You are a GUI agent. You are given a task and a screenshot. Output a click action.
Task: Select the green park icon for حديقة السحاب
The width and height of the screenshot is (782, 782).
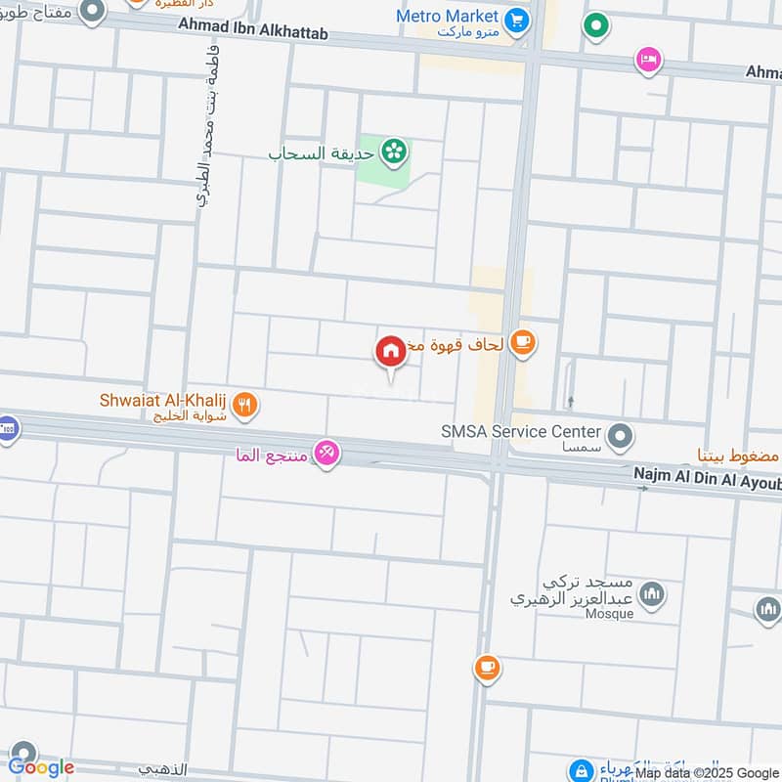[394, 151]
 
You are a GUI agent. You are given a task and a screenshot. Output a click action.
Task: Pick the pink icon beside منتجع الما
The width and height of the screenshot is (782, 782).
[327, 454]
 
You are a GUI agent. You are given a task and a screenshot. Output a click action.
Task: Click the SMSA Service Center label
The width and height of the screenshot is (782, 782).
[519, 431]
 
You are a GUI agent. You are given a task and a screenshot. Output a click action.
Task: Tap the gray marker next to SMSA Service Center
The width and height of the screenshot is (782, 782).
[619, 436]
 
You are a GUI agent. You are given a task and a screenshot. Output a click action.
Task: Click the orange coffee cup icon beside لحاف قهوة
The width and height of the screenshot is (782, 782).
[523, 343]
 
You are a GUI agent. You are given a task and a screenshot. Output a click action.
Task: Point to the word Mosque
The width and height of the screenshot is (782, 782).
[612, 614]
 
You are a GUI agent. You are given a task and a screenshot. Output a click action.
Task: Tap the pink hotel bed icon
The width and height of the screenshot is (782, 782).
[647, 61]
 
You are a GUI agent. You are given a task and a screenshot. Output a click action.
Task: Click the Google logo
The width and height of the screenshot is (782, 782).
[41, 767]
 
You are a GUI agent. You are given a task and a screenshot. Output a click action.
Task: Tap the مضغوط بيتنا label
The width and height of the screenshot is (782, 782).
[737, 455]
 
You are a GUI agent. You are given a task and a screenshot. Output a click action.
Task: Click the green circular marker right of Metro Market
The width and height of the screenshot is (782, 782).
[595, 26]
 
